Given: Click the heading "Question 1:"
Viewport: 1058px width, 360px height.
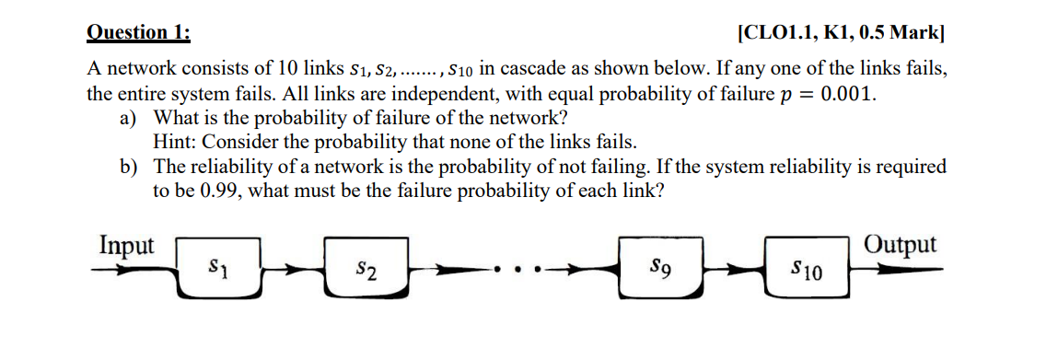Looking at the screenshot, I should click(x=138, y=32).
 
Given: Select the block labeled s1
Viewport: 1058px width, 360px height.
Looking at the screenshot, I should click(x=216, y=269).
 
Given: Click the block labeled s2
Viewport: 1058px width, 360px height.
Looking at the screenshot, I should click(x=366, y=270).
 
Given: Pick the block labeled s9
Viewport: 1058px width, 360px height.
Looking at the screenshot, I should click(x=659, y=269).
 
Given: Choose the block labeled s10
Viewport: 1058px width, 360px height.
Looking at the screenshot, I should click(x=807, y=270).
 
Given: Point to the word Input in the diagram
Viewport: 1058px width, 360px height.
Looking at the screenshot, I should click(x=127, y=246).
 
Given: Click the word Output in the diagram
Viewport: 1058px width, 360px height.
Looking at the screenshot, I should click(x=901, y=245).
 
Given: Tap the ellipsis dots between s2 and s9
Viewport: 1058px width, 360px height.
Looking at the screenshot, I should click(x=520, y=271).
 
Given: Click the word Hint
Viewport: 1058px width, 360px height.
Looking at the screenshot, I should click(x=173, y=143).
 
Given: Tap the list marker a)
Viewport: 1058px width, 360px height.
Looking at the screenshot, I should click(x=126, y=119).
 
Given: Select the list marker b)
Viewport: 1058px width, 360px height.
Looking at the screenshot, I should click(x=126, y=167).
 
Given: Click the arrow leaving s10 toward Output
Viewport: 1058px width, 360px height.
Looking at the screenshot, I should click(x=898, y=271).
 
